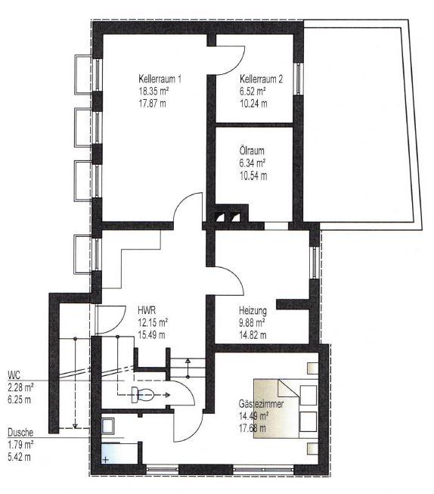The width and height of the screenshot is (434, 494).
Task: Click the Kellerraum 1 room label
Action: pyautogui.click(x=160, y=79)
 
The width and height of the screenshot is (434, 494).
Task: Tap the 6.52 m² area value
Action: pyautogui.click(x=253, y=91)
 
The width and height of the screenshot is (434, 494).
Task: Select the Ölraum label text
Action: pyautogui.click(x=252, y=151)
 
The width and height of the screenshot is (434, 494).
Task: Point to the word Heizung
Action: pyautogui.click(x=253, y=311)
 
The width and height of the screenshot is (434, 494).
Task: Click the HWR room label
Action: pyautogui.click(x=147, y=310)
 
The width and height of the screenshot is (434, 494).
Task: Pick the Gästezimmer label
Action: pyautogui.click(x=261, y=403)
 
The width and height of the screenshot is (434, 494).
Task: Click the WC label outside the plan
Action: pyautogui.click(x=14, y=375)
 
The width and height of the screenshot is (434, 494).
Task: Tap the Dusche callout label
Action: pyautogui.click(x=20, y=432)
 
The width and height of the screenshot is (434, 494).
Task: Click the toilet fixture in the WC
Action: pyautogui.click(x=143, y=394)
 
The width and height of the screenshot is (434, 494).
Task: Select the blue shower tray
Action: pyautogui.click(x=119, y=453)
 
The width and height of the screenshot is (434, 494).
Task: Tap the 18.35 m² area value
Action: pyautogui.click(x=153, y=91)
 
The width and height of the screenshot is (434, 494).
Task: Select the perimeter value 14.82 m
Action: pyautogui.click(x=253, y=334)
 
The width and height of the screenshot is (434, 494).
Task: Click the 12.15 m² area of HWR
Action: pyautogui.click(x=153, y=322)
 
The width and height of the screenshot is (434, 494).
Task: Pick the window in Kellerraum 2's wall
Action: pyautogui.click(x=298, y=79)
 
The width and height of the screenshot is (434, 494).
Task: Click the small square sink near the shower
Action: pyautogui.click(x=108, y=426)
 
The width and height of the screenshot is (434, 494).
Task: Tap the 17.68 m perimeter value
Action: pyautogui.click(x=253, y=428)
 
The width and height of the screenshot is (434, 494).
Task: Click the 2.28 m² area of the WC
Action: pyautogui.click(x=20, y=387)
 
